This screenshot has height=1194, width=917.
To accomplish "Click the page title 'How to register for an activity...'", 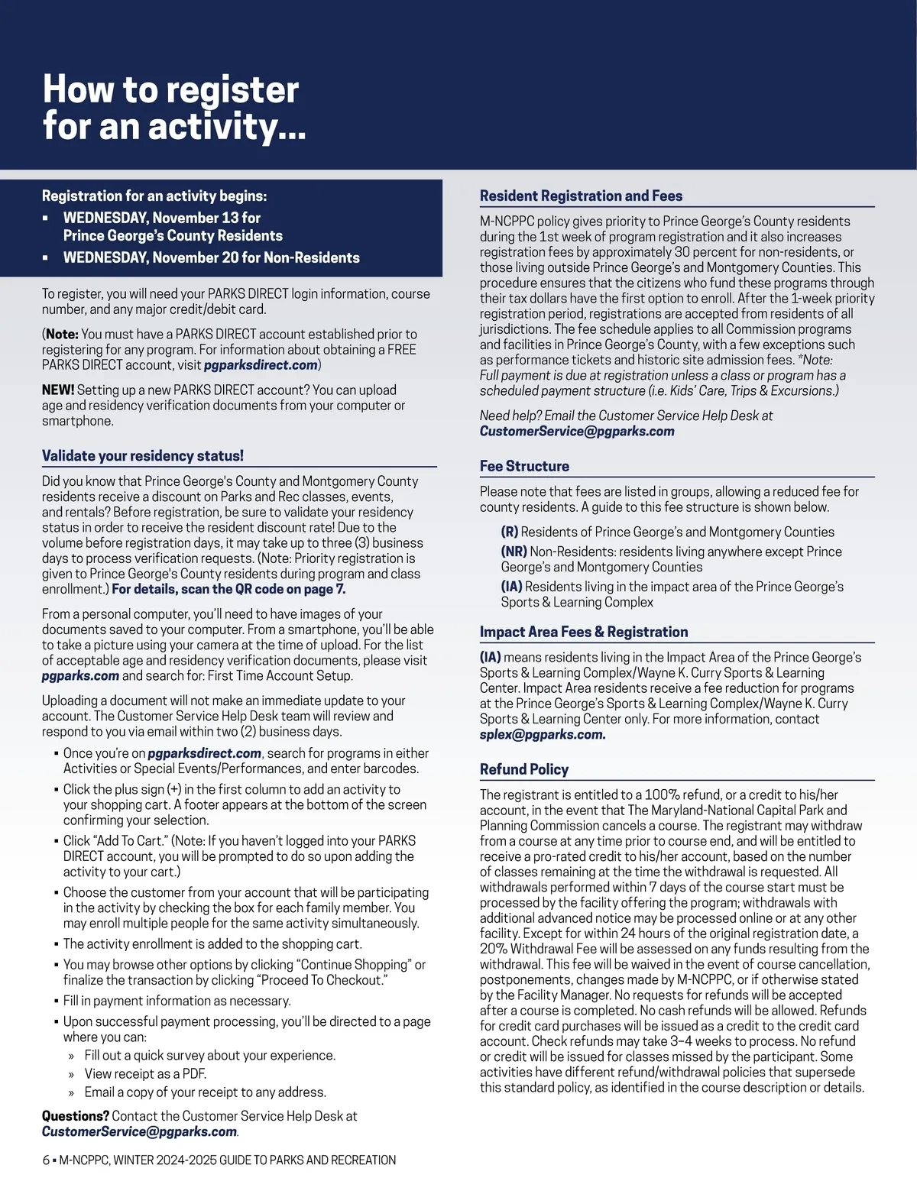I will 174,108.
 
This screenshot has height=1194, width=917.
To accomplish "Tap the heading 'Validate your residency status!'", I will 143,456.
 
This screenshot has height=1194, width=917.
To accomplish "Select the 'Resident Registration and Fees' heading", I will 581,196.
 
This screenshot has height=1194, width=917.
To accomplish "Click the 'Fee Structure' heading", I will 524,466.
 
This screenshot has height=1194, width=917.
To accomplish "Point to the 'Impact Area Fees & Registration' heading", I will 584,632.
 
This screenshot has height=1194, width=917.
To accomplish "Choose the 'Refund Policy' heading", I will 524,769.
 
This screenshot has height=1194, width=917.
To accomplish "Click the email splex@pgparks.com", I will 543,735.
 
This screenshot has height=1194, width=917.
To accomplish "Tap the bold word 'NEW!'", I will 58,390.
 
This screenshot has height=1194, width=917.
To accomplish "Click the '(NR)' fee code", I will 514,552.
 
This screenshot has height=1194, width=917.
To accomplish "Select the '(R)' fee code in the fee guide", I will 510,532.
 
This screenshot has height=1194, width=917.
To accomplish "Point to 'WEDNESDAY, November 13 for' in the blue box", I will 162,218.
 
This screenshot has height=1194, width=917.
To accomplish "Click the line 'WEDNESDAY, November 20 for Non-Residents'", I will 212,257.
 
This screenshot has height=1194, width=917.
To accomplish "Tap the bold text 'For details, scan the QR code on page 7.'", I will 228,589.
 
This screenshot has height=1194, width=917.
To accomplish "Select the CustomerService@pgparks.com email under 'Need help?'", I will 577,432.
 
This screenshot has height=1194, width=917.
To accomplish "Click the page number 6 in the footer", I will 46,1160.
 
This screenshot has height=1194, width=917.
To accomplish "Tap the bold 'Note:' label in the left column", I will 62,334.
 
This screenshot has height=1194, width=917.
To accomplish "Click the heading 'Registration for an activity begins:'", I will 154,196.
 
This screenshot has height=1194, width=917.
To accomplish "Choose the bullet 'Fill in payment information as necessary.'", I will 177,1001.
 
